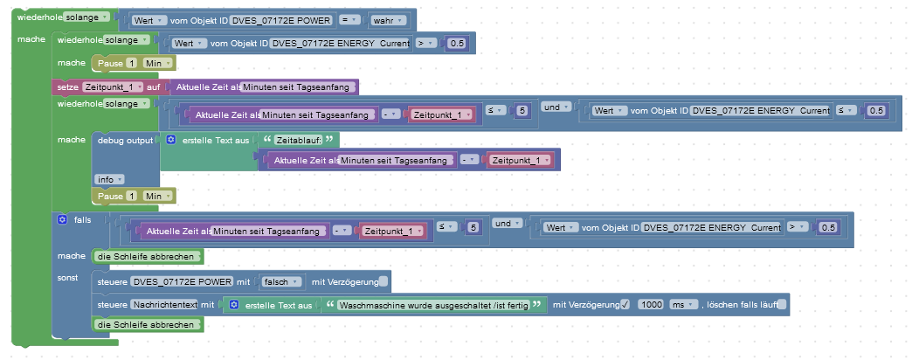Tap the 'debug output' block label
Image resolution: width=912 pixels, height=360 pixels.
124,140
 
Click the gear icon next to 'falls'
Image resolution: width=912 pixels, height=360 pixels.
62,219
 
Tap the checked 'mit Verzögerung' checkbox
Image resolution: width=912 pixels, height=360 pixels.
624,304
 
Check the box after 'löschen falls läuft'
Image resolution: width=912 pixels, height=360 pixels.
781,304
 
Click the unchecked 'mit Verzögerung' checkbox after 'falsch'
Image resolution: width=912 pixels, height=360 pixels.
384,281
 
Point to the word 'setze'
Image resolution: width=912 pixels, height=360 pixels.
67,87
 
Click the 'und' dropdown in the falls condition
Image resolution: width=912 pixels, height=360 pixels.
507,224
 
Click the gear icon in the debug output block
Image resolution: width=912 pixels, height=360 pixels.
171,140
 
